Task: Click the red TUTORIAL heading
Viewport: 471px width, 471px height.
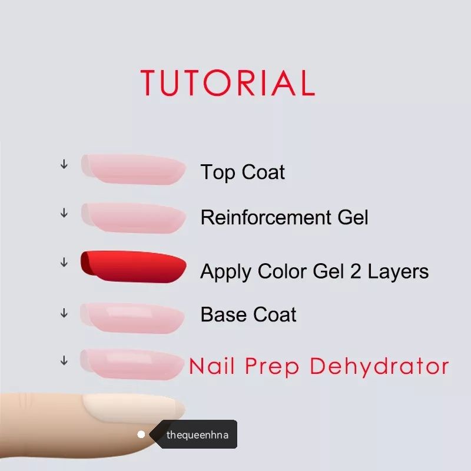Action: click(x=228, y=82)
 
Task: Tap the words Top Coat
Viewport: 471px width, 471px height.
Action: click(x=243, y=172)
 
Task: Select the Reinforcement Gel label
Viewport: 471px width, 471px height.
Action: click(x=284, y=217)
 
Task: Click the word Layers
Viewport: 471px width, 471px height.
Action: click(x=399, y=272)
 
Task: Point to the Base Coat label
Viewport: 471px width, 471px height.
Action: click(x=248, y=314)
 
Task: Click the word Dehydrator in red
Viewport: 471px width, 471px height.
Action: click(x=379, y=366)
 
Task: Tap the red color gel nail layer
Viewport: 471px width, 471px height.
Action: click(x=134, y=267)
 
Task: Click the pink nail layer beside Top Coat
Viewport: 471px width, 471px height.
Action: click(x=134, y=169)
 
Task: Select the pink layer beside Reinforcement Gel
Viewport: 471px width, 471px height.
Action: click(x=134, y=218)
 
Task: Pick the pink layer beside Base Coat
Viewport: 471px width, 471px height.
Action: click(x=132, y=318)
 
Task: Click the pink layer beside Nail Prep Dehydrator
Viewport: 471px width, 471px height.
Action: click(x=132, y=364)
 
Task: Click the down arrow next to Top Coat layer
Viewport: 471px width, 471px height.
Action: click(x=64, y=164)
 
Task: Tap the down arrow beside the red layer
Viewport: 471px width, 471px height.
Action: click(x=64, y=262)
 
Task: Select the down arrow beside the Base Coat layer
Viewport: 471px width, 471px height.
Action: click(x=64, y=313)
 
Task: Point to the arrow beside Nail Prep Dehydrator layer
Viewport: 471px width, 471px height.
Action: click(x=64, y=360)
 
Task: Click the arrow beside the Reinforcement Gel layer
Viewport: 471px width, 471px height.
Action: click(x=64, y=213)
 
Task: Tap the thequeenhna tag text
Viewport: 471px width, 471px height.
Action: click(x=197, y=435)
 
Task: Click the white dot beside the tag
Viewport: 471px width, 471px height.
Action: click(x=141, y=434)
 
